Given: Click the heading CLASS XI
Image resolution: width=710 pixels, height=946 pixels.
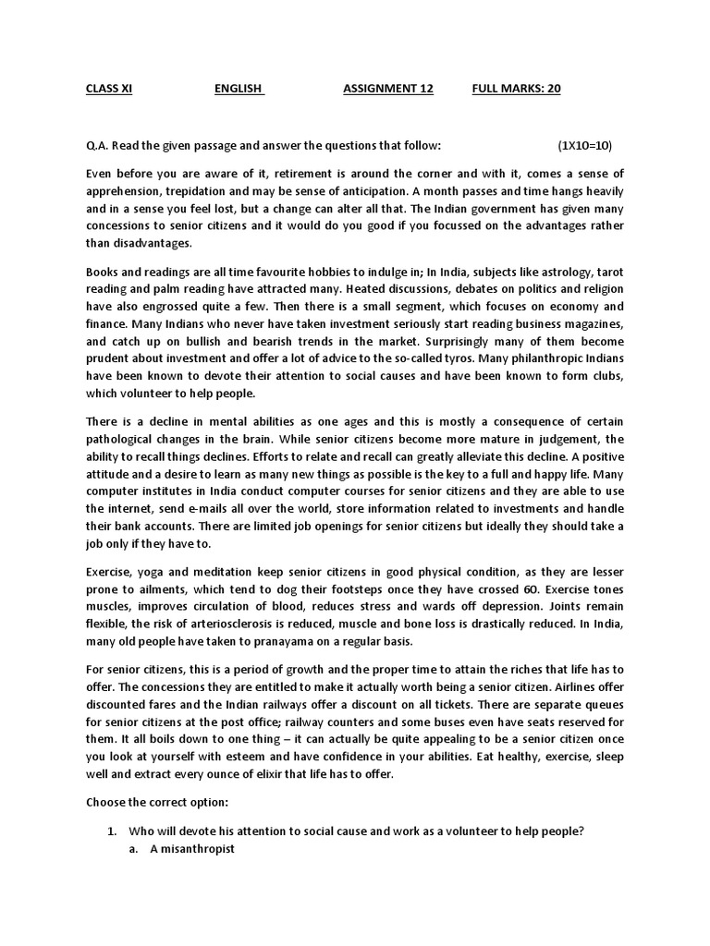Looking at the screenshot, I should point(108,89).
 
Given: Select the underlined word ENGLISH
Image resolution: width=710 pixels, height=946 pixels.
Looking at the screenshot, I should point(239,89).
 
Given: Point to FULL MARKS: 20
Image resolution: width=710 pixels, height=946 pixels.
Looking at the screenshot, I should point(516,89).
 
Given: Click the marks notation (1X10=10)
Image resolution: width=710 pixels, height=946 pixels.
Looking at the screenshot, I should point(584,145).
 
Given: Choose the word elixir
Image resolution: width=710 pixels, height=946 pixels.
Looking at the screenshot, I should point(267,774).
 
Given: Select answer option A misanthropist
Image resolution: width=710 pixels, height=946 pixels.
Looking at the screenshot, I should point(192,848).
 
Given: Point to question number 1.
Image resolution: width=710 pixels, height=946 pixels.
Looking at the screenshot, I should point(112,831).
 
